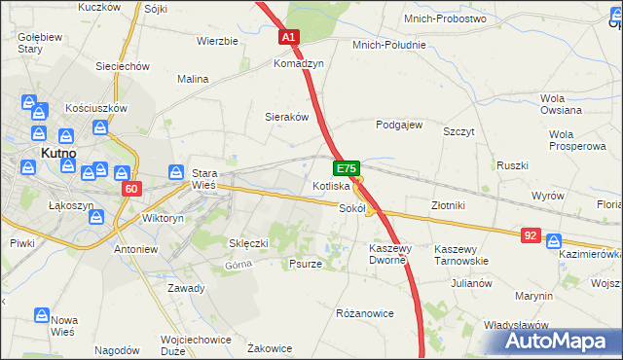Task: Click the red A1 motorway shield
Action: (288, 38)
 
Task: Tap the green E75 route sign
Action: (349, 168)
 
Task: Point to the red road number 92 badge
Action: (531, 234)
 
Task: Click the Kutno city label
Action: (60, 152)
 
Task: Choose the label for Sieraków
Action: (287, 116)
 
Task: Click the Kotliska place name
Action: (331, 185)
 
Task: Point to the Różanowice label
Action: (363, 313)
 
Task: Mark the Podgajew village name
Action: (399, 125)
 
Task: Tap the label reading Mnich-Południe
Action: (389, 45)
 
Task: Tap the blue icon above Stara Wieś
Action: (176, 171)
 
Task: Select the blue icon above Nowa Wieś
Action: (42, 315)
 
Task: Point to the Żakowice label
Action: (271, 347)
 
